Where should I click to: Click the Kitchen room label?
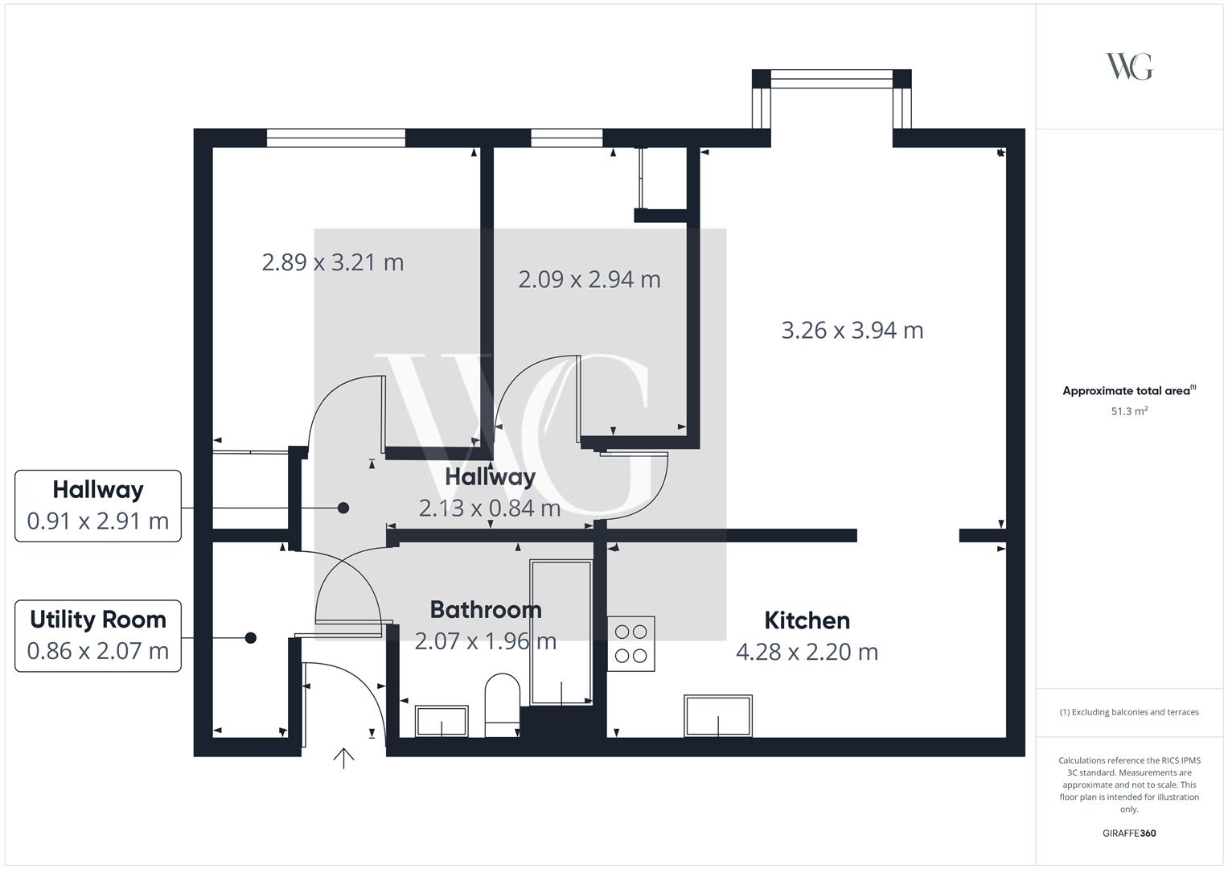tap(807, 620)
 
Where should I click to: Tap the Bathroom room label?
tap(486, 610)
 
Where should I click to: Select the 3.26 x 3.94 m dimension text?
tap(852, 330)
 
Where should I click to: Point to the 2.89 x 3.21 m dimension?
tap(333, 262)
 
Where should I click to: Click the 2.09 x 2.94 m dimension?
tap(589, 279)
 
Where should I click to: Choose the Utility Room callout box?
tap(98, 636)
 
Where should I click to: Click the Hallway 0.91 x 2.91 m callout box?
tap(98, 506)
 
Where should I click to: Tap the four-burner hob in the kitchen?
tap(631, 644)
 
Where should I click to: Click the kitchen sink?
tap(718, 716)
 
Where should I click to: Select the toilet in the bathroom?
tap(502, 705)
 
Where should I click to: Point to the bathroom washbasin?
tap(442, 721)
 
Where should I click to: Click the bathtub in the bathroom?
tap(561, 632)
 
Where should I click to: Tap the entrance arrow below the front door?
tap(343, 759)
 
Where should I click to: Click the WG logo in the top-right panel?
tap(1129, 66)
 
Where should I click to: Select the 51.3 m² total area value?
tap(1129, 411)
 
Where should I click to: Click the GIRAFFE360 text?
tap(1129, 833)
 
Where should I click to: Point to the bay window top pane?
tap(832, 79)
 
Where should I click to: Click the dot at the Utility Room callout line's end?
tap(251, 637)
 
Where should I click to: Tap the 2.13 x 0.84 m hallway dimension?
tap(490, 508)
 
